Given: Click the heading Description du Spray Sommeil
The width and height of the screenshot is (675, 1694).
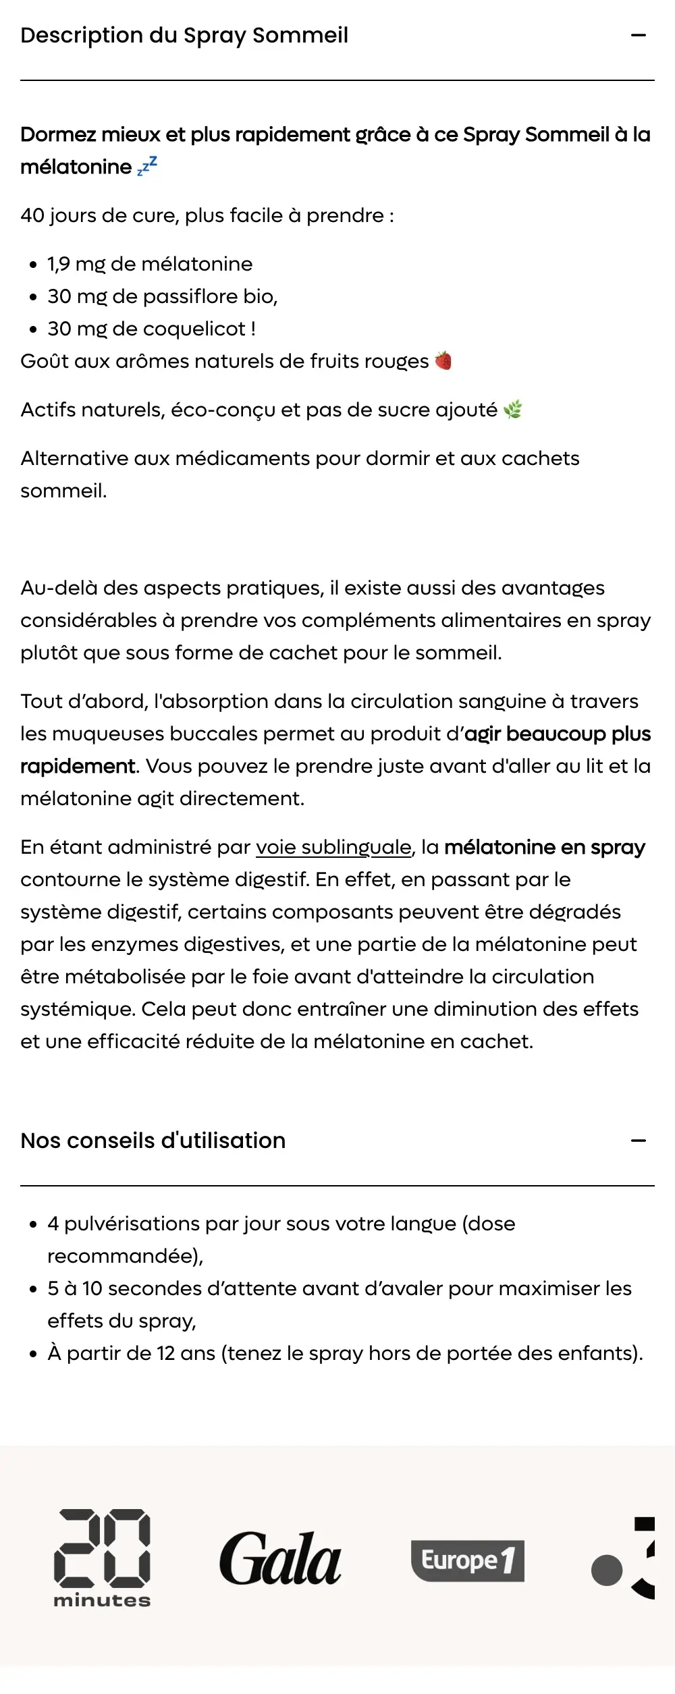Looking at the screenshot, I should coord(184,35).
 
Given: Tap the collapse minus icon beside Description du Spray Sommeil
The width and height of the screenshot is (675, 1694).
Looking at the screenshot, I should coord(638,35).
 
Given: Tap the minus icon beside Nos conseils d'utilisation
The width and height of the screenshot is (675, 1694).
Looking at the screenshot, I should coord(638,1141).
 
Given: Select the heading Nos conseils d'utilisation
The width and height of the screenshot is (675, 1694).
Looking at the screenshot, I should coord(153,1141).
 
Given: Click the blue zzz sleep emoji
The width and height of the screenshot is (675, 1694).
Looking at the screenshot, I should coord(147,165).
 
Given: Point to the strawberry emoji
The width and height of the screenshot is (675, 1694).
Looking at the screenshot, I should coord(443,360).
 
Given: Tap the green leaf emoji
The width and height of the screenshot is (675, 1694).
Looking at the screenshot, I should coord(513,409).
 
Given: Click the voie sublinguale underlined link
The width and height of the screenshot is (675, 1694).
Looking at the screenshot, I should coord(333,847).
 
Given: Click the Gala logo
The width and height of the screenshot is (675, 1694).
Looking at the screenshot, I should coord(280,1559).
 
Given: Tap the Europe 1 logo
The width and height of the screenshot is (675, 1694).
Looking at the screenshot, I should coord(467,1560).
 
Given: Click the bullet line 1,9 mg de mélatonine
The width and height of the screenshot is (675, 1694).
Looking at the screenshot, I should coord(150,264).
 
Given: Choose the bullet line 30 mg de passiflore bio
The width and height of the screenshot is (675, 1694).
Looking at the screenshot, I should coord(162,296).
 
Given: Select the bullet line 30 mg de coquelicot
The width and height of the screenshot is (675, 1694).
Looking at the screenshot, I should coord(151,329).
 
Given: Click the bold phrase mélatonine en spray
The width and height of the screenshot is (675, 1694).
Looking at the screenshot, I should coord(545,847).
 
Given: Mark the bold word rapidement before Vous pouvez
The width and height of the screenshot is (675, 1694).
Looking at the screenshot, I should coord(78,766).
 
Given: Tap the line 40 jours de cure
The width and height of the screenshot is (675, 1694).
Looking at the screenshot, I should coord(207,215).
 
